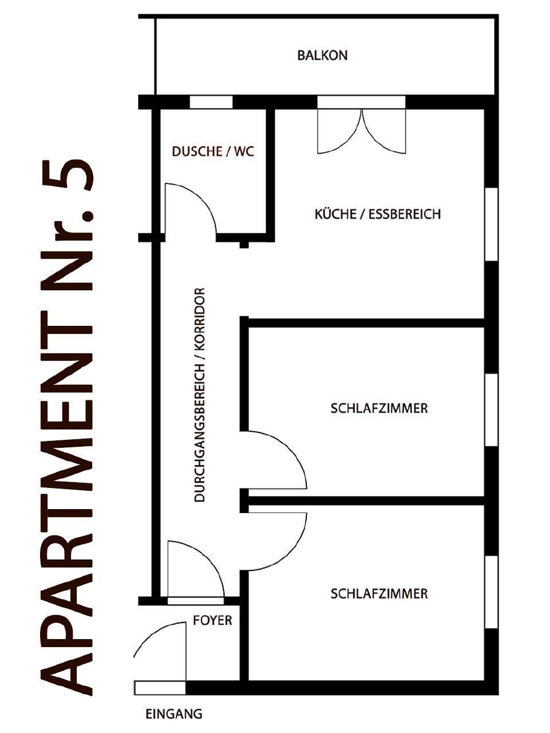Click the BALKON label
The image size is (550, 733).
322,56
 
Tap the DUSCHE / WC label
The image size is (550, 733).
213,152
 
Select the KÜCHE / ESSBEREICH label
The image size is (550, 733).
378,214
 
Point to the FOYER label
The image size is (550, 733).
213,620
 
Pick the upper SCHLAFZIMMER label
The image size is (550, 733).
379,409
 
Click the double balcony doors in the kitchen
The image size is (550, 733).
362,131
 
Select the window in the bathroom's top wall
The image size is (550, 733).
211,102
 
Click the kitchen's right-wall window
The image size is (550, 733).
491,224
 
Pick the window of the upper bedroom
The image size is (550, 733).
491,410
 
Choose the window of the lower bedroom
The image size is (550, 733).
491,592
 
